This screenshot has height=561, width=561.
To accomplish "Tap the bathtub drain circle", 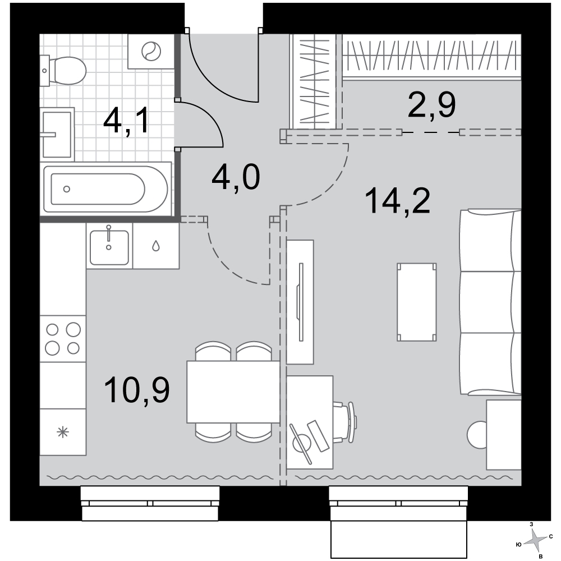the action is point(67,189).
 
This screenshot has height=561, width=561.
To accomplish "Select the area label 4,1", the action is point(126,122).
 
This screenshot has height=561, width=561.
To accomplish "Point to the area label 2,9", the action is point(431,105).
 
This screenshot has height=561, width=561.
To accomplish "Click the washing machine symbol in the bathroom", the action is point(151,51).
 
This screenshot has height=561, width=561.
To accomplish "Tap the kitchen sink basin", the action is point(109,247).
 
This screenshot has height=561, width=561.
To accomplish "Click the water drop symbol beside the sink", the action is point(155,246).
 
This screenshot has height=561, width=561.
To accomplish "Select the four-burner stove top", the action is point(63,338).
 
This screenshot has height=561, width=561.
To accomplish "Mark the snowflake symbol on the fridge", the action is point(63,432).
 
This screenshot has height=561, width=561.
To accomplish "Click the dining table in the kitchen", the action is point(233,392).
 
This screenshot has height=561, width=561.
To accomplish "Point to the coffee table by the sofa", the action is point(416,302).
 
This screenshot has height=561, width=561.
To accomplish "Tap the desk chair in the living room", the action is point(344,422).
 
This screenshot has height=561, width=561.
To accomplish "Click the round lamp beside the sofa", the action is point(477,435).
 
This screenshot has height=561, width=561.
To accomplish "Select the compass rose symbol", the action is point(536,540).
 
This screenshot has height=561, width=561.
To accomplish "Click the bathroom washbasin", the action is point(57,134).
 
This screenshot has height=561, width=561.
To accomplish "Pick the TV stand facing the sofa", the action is point(300,302).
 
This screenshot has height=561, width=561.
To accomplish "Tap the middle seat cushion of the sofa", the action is point(490,302).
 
